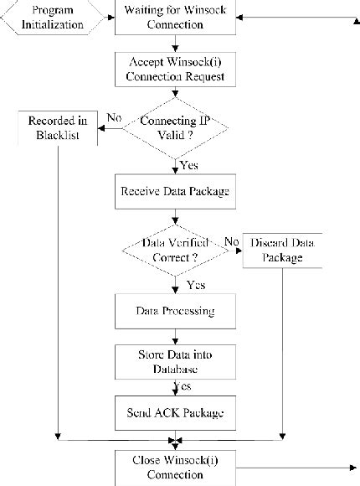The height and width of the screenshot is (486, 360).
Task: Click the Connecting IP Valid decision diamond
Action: [x=176, y=128]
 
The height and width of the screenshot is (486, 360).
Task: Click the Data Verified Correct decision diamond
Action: [x=176, y=249]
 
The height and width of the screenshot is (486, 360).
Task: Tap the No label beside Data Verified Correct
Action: [x=231, y=241]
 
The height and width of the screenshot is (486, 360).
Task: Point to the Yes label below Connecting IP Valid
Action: [x=188, y=165]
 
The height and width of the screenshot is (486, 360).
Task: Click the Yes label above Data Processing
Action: [x=195, y=285]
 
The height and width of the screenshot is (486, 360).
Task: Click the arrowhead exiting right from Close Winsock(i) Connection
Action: [x=348, y=467]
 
